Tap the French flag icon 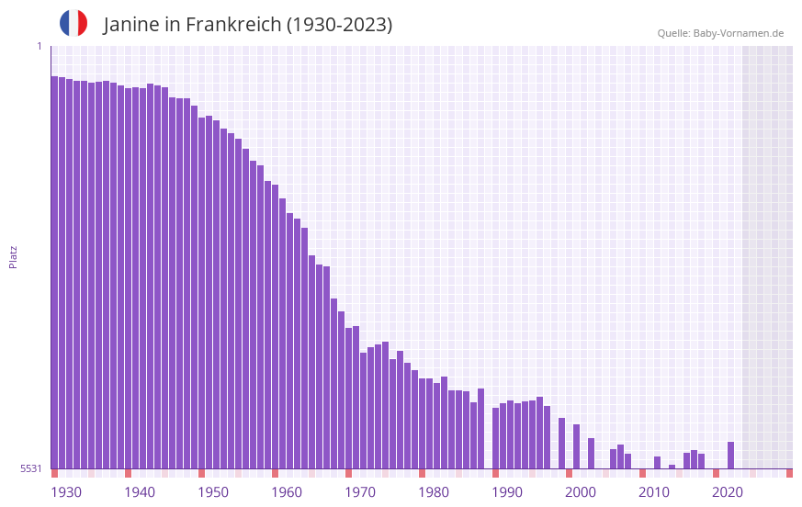(73, 23)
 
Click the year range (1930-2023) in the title (339, 25)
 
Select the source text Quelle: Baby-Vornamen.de (720, 33)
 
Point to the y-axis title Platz (13, 256)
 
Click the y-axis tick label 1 (39, 46)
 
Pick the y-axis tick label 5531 (32, 468)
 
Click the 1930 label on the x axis (66, 492)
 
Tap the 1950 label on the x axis (213, 492)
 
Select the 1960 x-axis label (287, 492)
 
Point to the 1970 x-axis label (360, 492)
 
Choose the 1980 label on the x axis (434, 492)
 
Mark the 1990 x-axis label (507, 492)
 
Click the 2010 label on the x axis (654, 492)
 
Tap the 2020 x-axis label (728, 492)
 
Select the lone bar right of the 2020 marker (730, 456)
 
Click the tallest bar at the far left (54, 272)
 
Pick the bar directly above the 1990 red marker (495, 438)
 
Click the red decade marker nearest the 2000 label (569, 473)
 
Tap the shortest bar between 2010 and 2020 (672, 467)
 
